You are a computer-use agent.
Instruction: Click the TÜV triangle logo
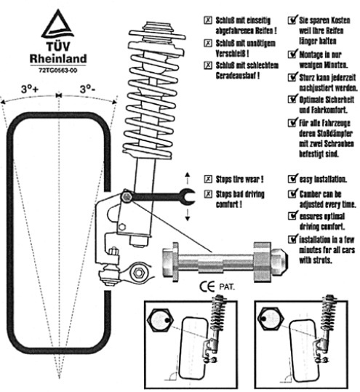point(57,24)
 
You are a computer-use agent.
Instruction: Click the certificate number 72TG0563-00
point(58,71)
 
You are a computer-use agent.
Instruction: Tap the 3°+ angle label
point(30,89)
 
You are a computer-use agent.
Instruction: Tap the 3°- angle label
point(87,89)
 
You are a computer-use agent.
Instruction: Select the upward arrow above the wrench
point(188,178)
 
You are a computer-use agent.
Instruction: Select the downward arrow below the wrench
point(188,215)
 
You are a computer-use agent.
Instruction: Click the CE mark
point(207,287)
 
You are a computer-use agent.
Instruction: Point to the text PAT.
point(227,287)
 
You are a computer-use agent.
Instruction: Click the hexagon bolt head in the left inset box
point(159,320)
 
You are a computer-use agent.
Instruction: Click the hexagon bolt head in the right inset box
point(271,319)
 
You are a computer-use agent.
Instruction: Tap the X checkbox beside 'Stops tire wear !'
point(208,179)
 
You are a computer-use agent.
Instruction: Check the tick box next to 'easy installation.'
point(292,178)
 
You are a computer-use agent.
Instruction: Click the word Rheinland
point(58,58)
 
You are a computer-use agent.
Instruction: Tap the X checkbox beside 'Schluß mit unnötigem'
point(208,43)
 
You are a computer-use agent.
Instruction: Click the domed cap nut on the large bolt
point(279,262)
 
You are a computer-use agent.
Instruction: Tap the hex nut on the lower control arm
point(138,272)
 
